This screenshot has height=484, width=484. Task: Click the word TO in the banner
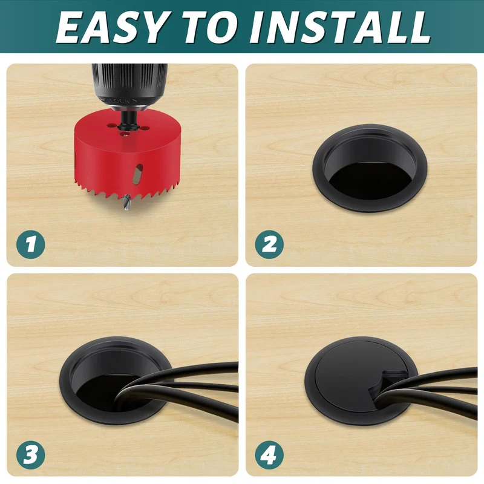(211, 27)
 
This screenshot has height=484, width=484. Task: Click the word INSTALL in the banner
(340, 27)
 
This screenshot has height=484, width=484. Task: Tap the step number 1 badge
(31, 244)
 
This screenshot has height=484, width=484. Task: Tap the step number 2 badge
(269, 244)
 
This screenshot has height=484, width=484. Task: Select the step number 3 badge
(31, 455)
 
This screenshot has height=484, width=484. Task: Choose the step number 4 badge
(269, 455)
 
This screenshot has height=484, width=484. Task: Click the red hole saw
(127, 154)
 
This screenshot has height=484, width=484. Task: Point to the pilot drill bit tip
(126, 209)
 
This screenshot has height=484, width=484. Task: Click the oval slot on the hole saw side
(137, 174)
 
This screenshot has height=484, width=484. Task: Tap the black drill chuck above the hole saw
(129, 87)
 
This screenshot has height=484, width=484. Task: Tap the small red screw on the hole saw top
(125, 133)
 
